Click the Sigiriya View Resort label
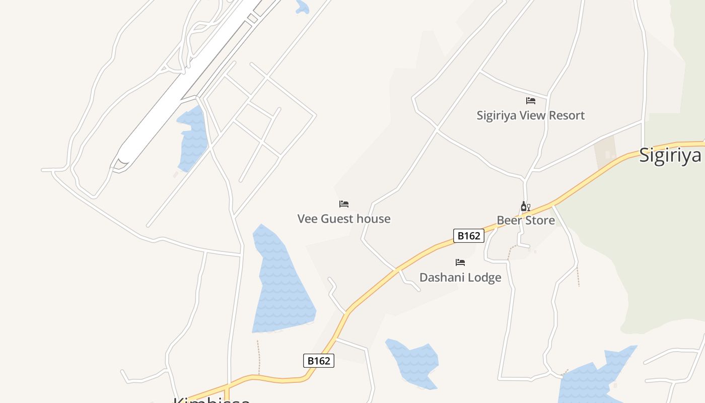click(x=531, y=115)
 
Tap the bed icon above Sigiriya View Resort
click(x=531, y=101)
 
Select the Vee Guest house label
click(x=344, y=219)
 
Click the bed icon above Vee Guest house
click(x=344, y=204)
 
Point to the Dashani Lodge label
click(x=460, y=278)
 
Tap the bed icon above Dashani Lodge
click(x=460, y=262)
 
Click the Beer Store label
click(x=526, y=220)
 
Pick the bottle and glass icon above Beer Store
click(x=525, y=207)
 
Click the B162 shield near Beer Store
click(x=469, y=236)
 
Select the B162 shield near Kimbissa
click(x=319, y=361)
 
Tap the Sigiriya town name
click(x=670, y=155)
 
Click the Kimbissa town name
click(x=211, y=399)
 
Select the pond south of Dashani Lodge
click(x=413, y=363)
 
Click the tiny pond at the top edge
click(x=302, y=7)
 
